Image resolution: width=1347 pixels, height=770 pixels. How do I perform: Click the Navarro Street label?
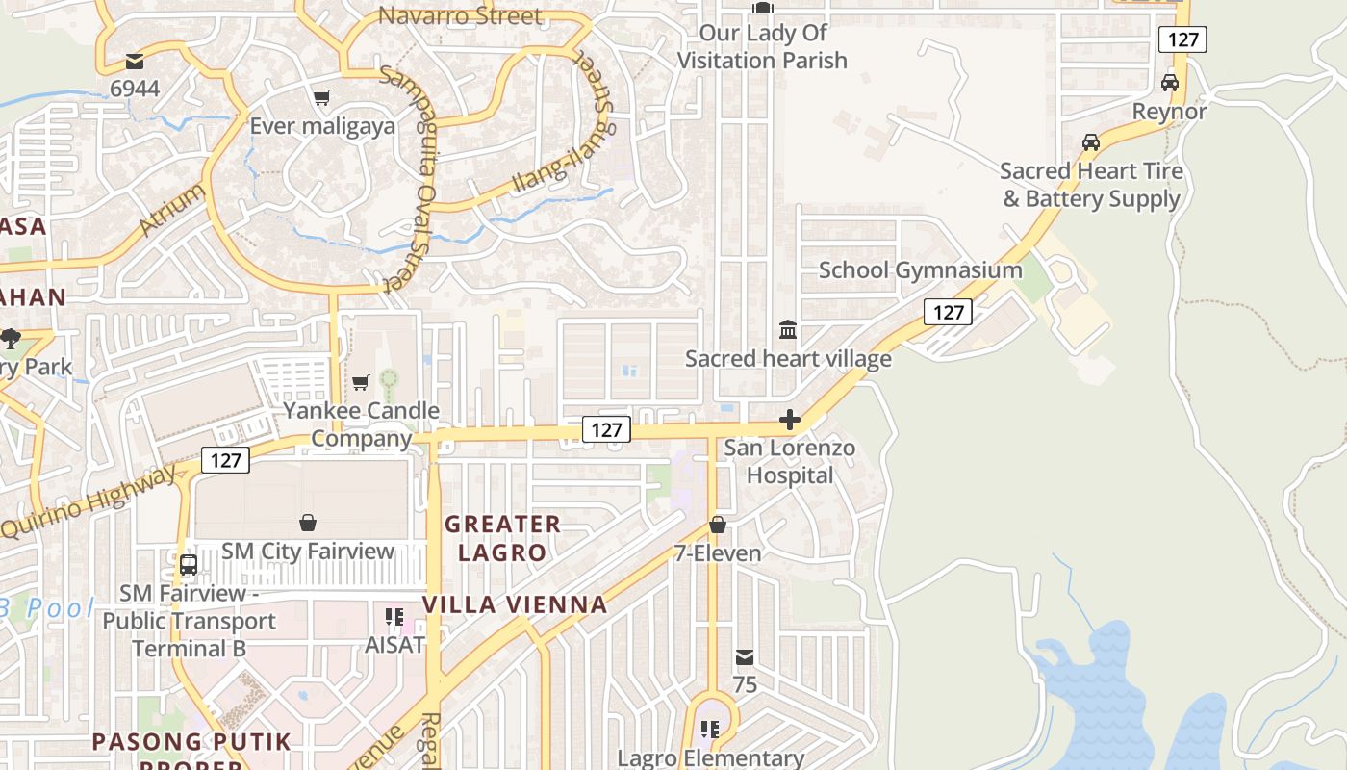pyautogui.click(x=460, y=15)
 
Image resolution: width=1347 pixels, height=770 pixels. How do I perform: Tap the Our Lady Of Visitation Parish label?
pyautogui.click(x=762, y=47)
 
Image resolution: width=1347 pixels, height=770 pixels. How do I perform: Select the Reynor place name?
pyautogui.click(x=1169, y=112)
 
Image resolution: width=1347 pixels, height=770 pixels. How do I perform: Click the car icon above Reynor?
pyautogui.click(x=1170, y=83)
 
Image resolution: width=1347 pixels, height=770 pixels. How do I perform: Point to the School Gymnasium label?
pyautogui.click(x=920, y=270)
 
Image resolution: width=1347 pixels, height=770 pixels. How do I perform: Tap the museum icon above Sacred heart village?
pyautogui.click(x=788, y=330)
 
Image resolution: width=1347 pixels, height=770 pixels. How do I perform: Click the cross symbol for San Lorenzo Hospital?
pyautogui.click(x=790, y=420)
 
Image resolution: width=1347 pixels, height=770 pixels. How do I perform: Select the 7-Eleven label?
pyautogui.click(x=717, y=553)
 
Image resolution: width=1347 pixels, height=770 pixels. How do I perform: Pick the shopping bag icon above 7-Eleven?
pyautogui.click(x=717, y=525)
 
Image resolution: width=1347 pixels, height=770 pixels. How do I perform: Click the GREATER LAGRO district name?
pyautogui.click(x=502, y=538)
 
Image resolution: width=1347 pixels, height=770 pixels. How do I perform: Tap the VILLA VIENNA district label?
pyautogui.click(x=516, y=604)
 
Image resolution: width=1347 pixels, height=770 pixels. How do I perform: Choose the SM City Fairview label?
pyautogui.click(x=308, y=552)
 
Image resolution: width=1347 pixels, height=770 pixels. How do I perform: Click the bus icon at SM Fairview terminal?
pyautogui.click(x=189, y=565)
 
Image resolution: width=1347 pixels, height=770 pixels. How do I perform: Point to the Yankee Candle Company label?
pyautogui.click(x=361, y=424)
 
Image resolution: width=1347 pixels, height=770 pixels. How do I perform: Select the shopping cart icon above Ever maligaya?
pyautogui.click(x=321, y=98)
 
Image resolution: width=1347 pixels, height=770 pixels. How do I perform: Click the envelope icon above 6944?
pyautogui.click(x=134, y=63)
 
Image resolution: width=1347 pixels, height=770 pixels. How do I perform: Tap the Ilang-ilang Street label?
pyautogui.click(x=564, y=160)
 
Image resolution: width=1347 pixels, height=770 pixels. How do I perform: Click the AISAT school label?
pyautogui.click(x=394, y=645)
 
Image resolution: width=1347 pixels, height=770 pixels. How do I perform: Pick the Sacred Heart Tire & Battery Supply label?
pyautogui.click(x=1090, y=185)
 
